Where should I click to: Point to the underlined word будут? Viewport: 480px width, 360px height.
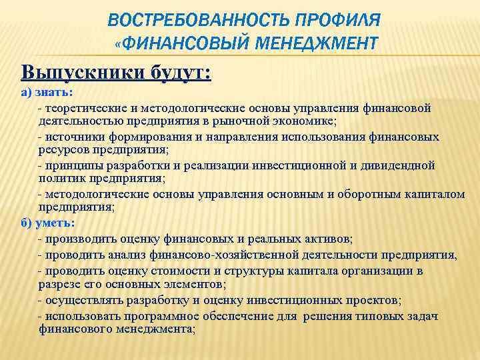click(179, 71)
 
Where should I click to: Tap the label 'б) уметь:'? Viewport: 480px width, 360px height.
click(47, 223)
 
